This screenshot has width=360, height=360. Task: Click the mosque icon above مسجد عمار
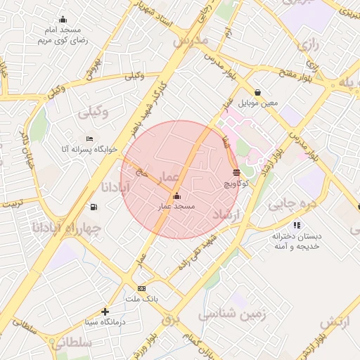pyautogui.click(x=176, y=196)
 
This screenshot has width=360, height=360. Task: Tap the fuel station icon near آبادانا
pyautogui.click(x=94, y=207)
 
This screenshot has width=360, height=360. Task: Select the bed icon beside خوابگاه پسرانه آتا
pyautogui.click(x=89, y=139)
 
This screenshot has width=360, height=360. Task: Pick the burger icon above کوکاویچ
pyautogui.click(x=236, y=172)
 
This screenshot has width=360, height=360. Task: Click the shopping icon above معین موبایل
pyautogui.click(x=258, y=92)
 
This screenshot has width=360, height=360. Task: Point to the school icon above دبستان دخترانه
pyautogui.click(x=297, y=225)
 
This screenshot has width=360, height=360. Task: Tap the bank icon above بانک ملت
pyautogui.click(x=142, y=288)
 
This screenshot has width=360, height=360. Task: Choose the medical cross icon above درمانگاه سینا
pyautogui.click(x=105, y=311)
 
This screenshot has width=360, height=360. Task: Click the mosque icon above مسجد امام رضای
pyautogui.click(x=63, y=20)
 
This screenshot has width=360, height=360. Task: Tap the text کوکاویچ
pyautogui.click(x=236, y=184)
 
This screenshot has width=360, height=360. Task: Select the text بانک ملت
pyautogui.click(x=142, y=299)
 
